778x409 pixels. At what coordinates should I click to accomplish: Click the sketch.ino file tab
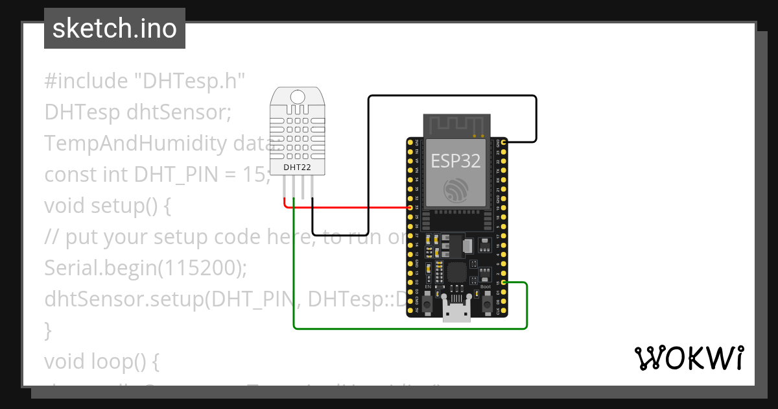(114, 29)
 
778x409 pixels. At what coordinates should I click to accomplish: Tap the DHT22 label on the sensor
(298, 167)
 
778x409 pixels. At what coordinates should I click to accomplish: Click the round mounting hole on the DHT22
(298, 97)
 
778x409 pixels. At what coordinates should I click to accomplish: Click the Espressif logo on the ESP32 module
(456, 190)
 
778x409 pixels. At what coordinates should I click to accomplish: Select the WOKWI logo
(689, 358)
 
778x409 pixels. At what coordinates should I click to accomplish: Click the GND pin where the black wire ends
(504, 142)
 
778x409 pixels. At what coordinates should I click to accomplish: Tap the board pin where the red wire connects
(410, 207)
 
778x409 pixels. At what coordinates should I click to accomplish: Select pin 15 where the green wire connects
(504, 282)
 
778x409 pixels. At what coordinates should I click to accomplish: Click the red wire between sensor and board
(350, 207)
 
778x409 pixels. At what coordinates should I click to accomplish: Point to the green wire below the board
(408, 328)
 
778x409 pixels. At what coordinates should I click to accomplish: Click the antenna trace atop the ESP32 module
(456, 125)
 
